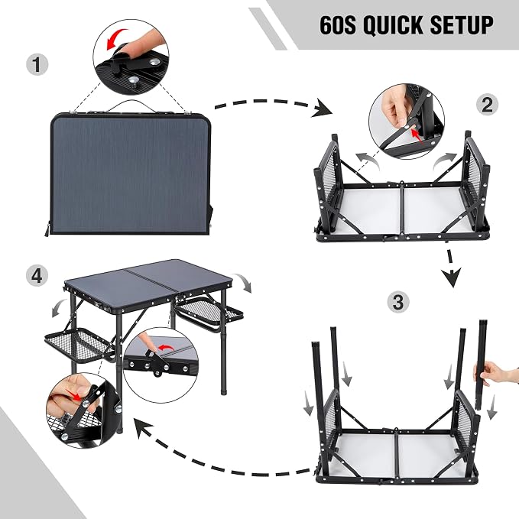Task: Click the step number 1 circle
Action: (37, 64)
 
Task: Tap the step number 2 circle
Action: (487, 105)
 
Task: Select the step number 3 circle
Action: (398, 302)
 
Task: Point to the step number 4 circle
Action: (37, 275)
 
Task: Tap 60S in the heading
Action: (338, 24)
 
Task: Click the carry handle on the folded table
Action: (131, 105)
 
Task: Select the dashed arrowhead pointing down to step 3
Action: (453, 277)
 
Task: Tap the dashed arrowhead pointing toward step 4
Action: (142, 428)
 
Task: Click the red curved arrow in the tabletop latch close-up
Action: (167, 349)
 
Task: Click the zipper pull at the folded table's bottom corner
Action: (47, 230)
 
